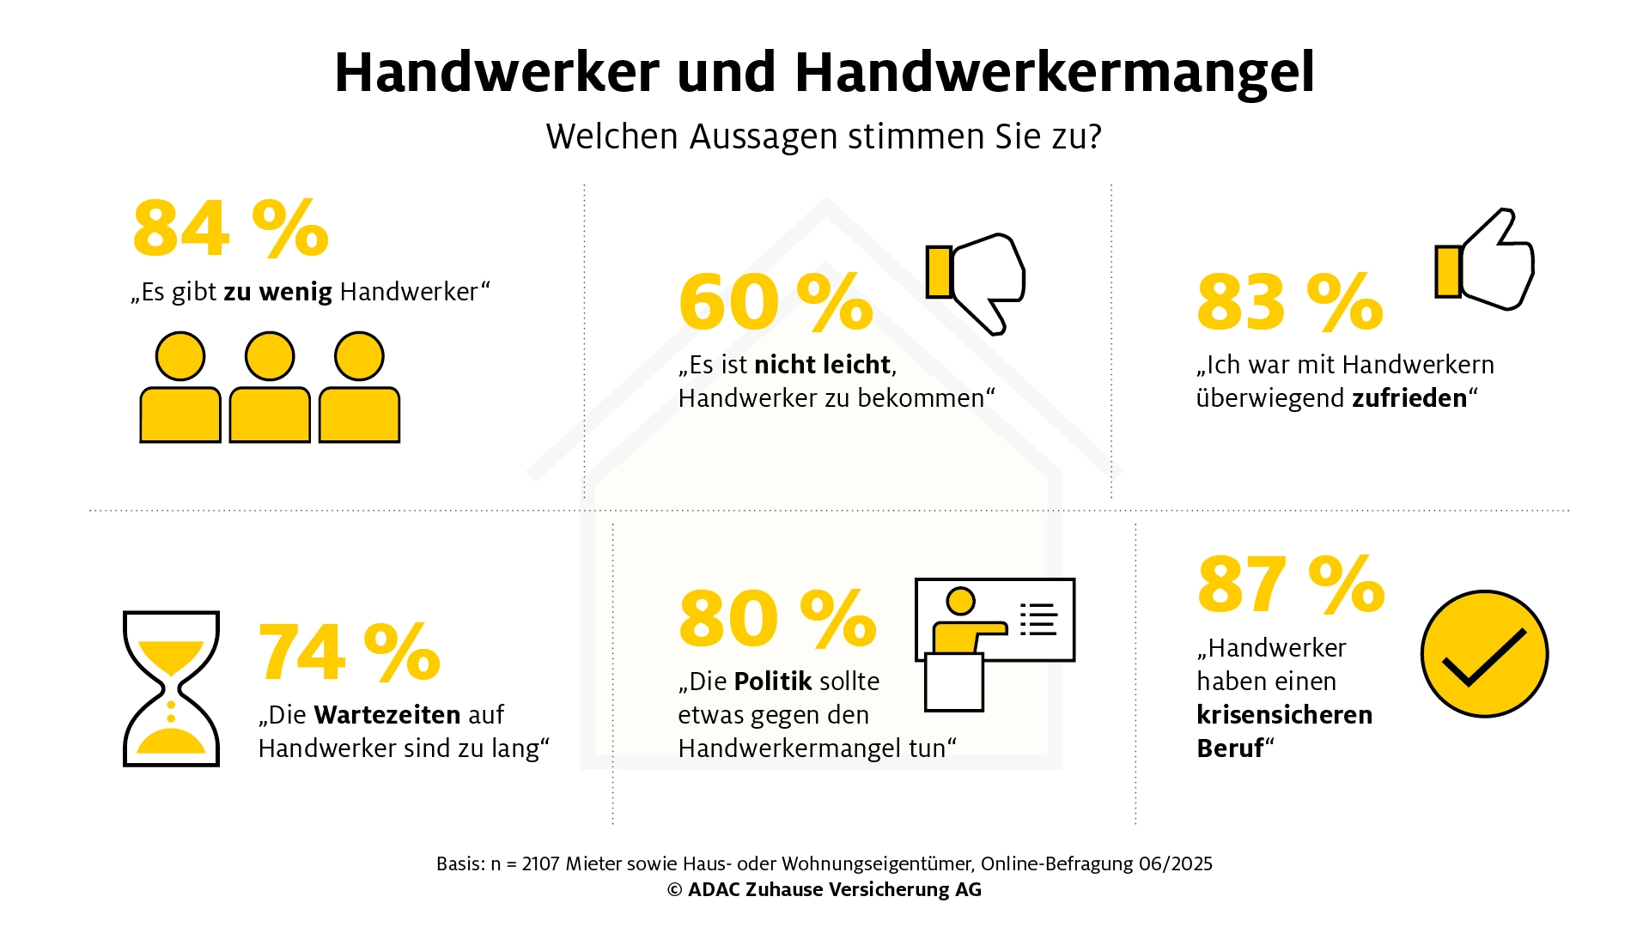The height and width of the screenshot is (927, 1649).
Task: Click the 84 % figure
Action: pyautogui.click(x=231, y=228)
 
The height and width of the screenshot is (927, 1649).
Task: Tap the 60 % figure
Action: pyautogui.click(x=776, y=302)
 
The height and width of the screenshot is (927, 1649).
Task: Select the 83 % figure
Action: pyautogui.click(x=1290, y=302)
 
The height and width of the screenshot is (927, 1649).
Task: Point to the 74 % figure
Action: pyautogui.click(x=349, y=651)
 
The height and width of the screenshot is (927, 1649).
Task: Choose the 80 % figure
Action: pyautogui.click(x=777, y=618)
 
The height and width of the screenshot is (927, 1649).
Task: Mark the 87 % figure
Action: pyautogui.click(x=1291, y=584)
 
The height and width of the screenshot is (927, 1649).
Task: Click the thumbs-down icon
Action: pyautogui.click(x=976, y=283)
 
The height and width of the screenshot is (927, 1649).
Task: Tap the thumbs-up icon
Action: pyautogui.click(x=1485, y=258)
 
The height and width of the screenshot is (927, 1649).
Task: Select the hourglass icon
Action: pyautogui.click(x=171, y=688)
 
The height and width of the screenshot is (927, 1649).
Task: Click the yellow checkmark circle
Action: pyautogui.click(x=1485, y=653)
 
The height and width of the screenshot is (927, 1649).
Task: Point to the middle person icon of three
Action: pyautogui.click(x=270, y=387)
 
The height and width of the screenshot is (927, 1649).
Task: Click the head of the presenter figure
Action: pyautogui.click(x=960, y=601)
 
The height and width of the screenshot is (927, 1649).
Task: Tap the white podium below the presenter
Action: pyautogui.click(x=953, y=682)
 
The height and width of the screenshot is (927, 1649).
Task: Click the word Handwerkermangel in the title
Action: pyautogui.click(x=1055, y=72)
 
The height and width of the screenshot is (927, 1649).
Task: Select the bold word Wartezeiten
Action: pyautogui.click(x=387, y=715)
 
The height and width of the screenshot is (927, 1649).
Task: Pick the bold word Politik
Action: pyautogui.click(x=772, y=682)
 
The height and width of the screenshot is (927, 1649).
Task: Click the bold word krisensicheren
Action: pyautogui.click(x=1285, y=715)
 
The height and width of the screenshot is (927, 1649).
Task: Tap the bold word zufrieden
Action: pyautogui.click(x=1409, y=398)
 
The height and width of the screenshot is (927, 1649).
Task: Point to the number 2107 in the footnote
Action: pyautogui.click(x=540, y=863)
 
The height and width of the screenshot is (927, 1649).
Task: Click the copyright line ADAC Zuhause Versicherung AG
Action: pyautogui.click(x=824, y=890)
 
